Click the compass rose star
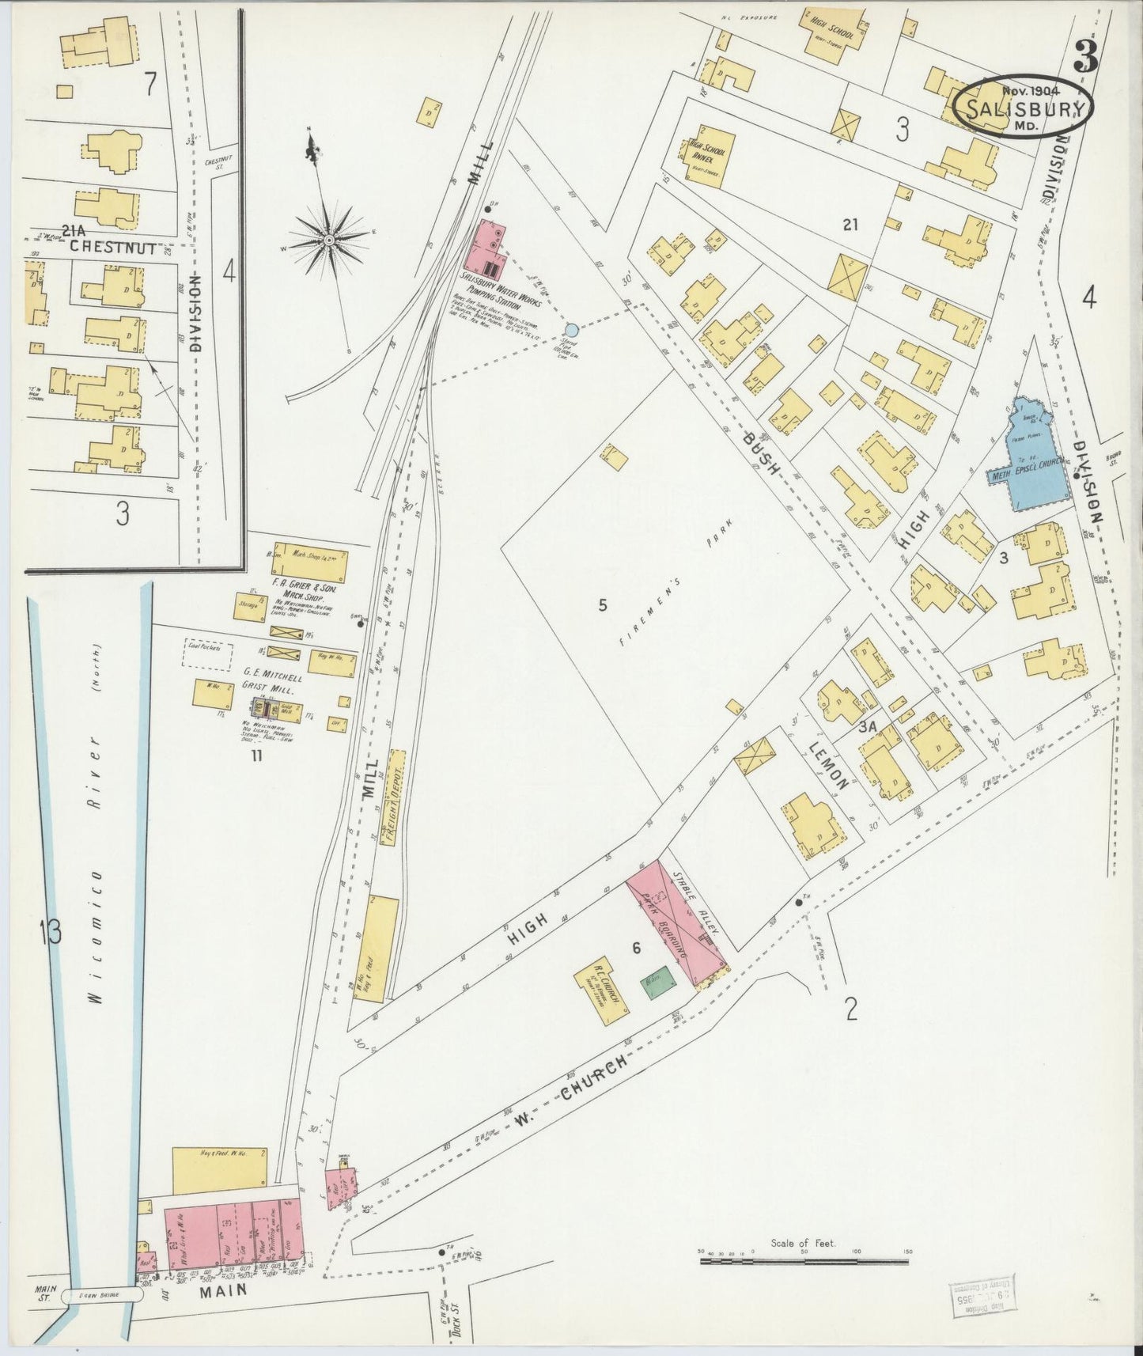pyautogui.click(x=328, y=238)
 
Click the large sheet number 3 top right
pyautogui.click(x=1084, y=55)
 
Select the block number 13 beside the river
pyautogui.click(x=50, y=932)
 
